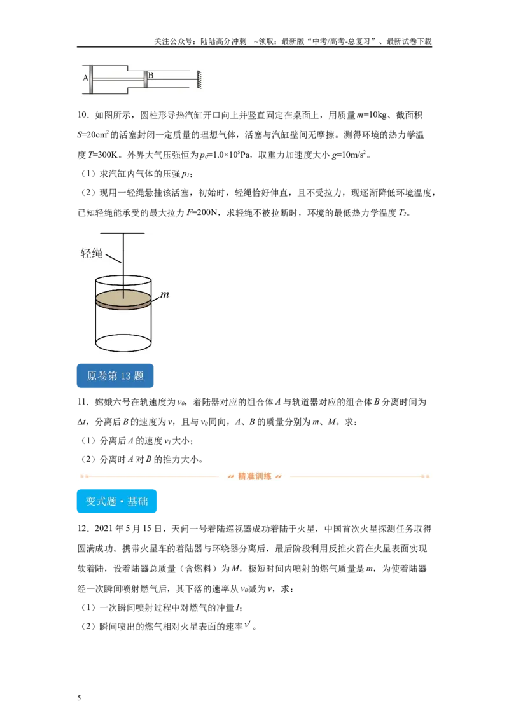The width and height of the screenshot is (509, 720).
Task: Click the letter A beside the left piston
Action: [85, 78]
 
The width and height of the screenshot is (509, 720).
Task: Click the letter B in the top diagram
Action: [151, 75]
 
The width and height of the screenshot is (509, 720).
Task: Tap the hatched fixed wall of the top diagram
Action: [199, 80]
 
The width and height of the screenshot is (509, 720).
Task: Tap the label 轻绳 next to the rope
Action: [92, 253]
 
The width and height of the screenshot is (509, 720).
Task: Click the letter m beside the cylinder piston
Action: [165, 294]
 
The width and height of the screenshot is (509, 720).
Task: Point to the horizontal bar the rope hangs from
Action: [123, 233]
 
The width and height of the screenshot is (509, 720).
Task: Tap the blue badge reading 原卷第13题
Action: [115, 376]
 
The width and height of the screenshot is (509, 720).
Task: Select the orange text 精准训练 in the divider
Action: [254, 476]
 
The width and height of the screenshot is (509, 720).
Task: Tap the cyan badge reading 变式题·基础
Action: [116, 501]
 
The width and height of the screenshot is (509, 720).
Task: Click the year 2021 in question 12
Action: [104, 529]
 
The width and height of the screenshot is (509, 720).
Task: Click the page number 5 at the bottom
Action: [79, 698]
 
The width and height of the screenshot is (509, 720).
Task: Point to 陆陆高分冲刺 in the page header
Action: [223, 41]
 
